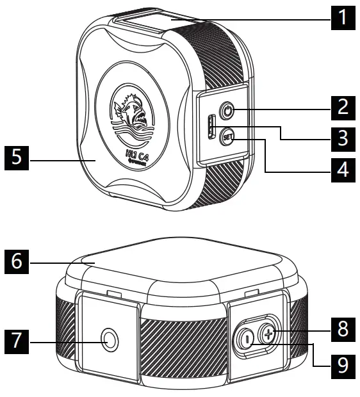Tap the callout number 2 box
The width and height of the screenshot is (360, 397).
coord(344,105)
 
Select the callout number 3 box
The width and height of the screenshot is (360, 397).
coord(344,136)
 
